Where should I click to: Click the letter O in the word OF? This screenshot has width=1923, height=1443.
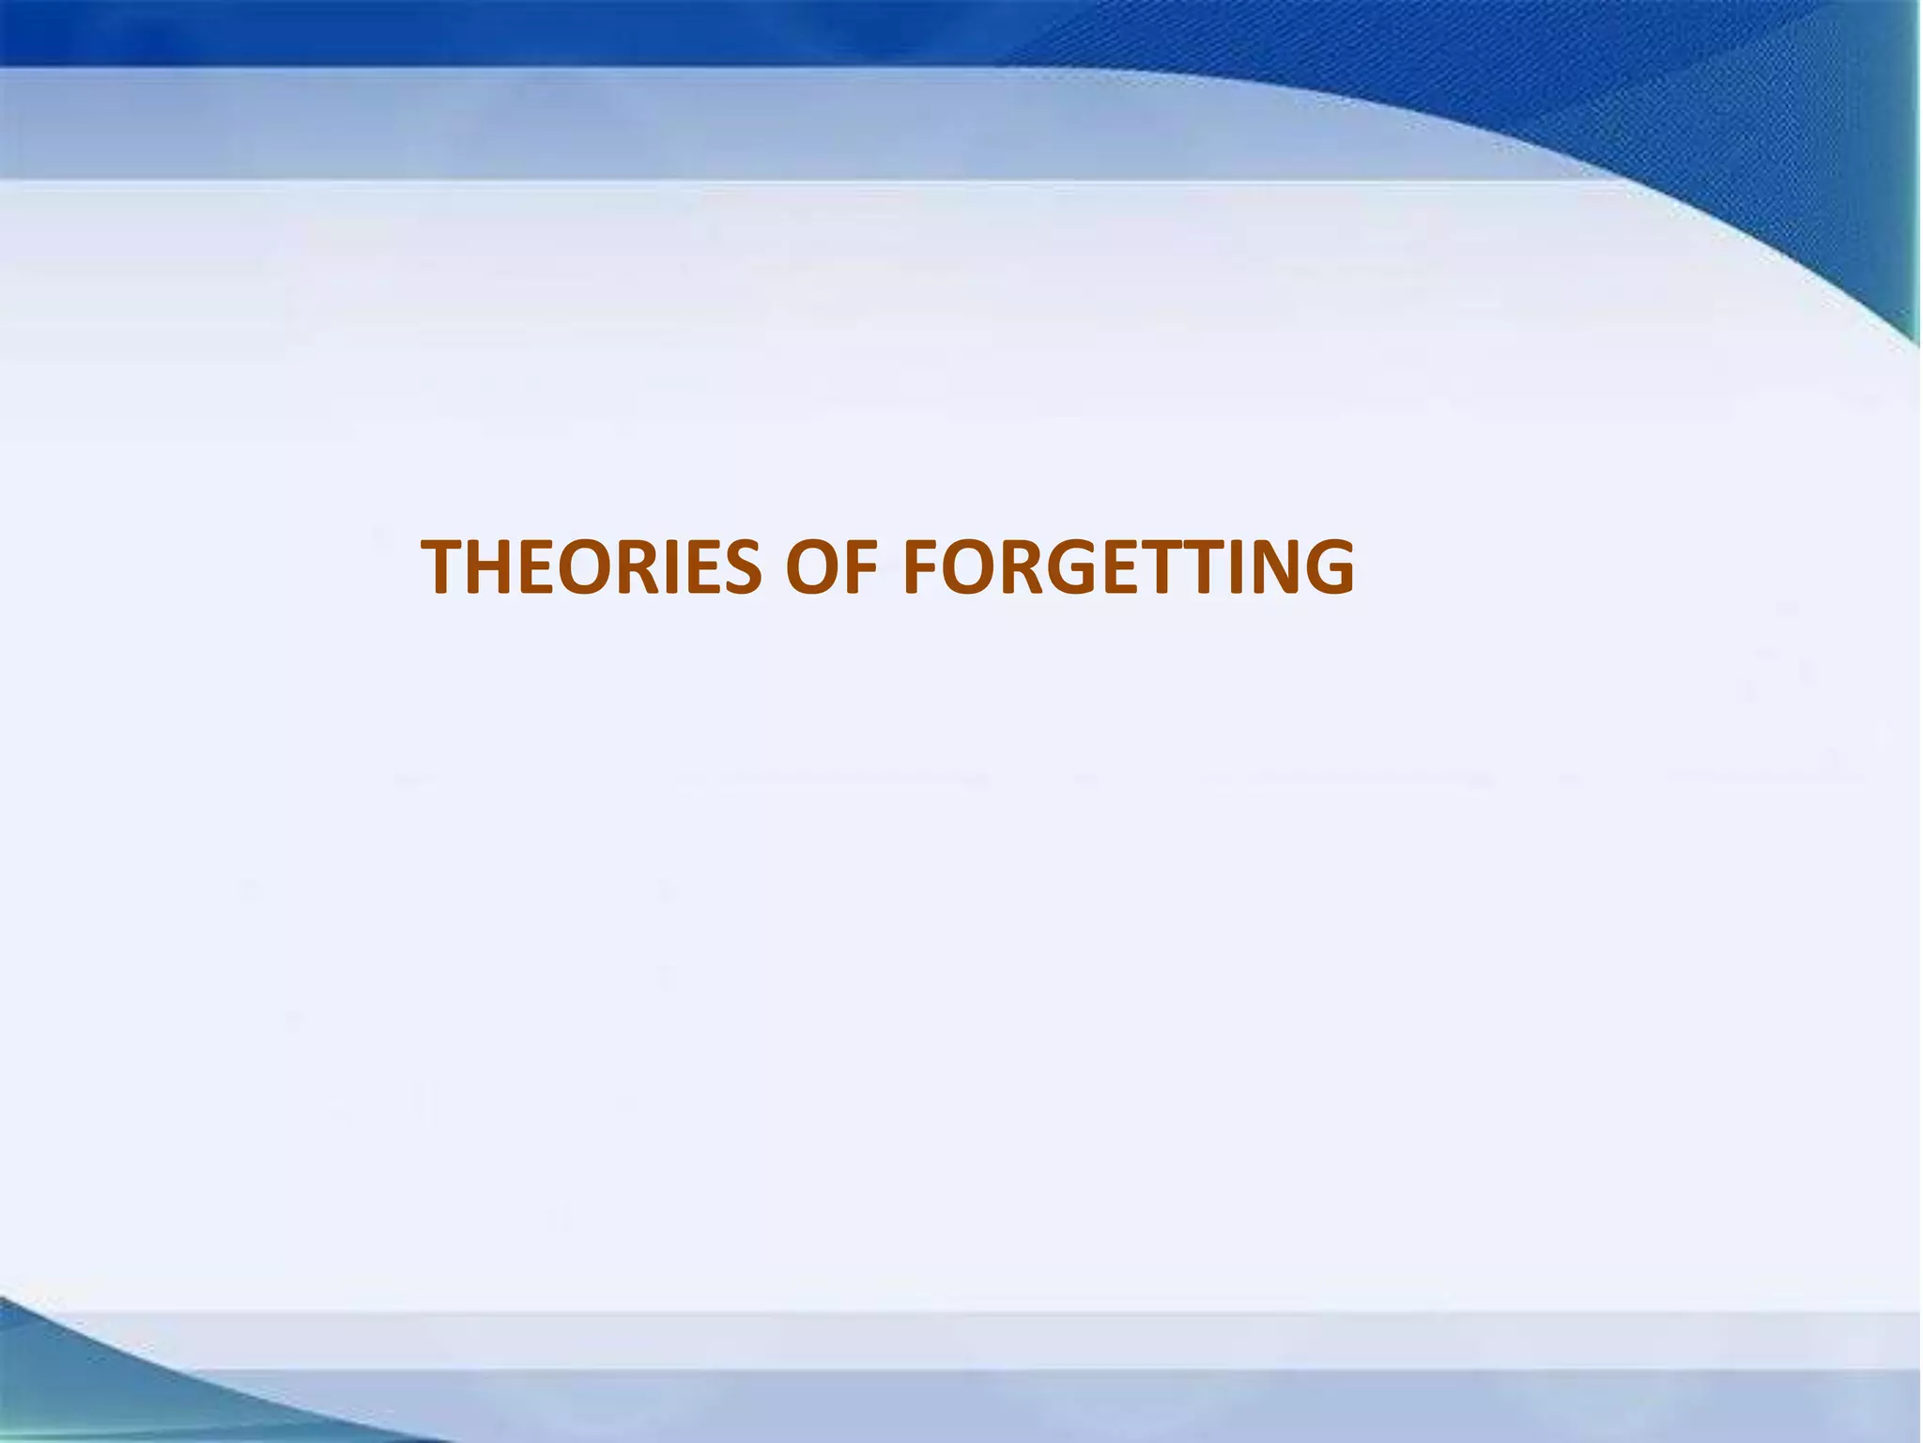click(x=815, y=567)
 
